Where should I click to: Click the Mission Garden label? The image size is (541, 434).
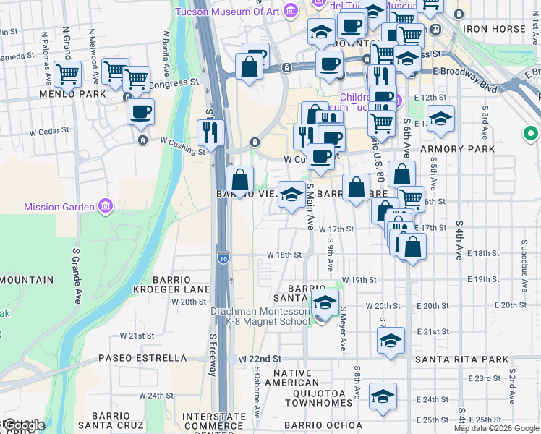59,207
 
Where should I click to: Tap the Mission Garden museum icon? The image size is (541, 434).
106,207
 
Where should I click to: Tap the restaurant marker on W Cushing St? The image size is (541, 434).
211,132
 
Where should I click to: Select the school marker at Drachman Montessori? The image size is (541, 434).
325,302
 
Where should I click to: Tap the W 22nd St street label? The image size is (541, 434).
260,359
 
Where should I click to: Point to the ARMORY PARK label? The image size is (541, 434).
467,149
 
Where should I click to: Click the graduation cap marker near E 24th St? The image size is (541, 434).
383,396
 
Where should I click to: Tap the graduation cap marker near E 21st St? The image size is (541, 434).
391,339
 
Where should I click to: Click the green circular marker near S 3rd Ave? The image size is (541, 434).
532,135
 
